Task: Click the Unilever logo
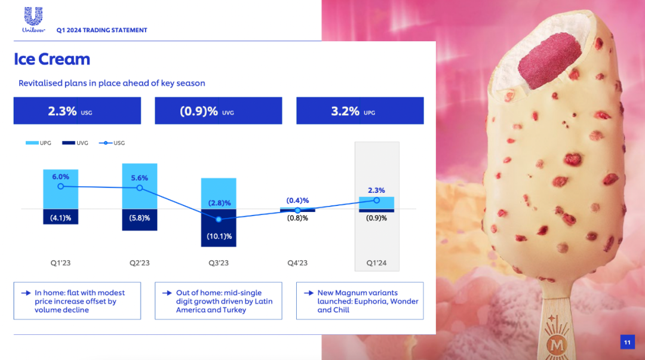tap(33, 20)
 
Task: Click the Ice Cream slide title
tap(52, 59)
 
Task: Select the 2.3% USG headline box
tap(77, 111)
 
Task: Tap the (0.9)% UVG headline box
tap(218, 111)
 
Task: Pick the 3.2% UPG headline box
tap(360, 111)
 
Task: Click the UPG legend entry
tap(39, 143)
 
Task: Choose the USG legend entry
tap(111, 143)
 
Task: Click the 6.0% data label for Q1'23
tap(60, 177)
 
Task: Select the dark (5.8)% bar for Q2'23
tap(140, 220)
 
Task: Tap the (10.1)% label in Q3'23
tap(220, 236)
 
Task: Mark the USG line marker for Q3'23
tap(219, 219)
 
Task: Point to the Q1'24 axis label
tap(376, 263)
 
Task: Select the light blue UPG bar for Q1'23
tap(60, 189)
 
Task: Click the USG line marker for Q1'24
tap(376, 201)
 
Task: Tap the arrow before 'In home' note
tap(26, 293)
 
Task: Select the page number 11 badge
tap(627, 342)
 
